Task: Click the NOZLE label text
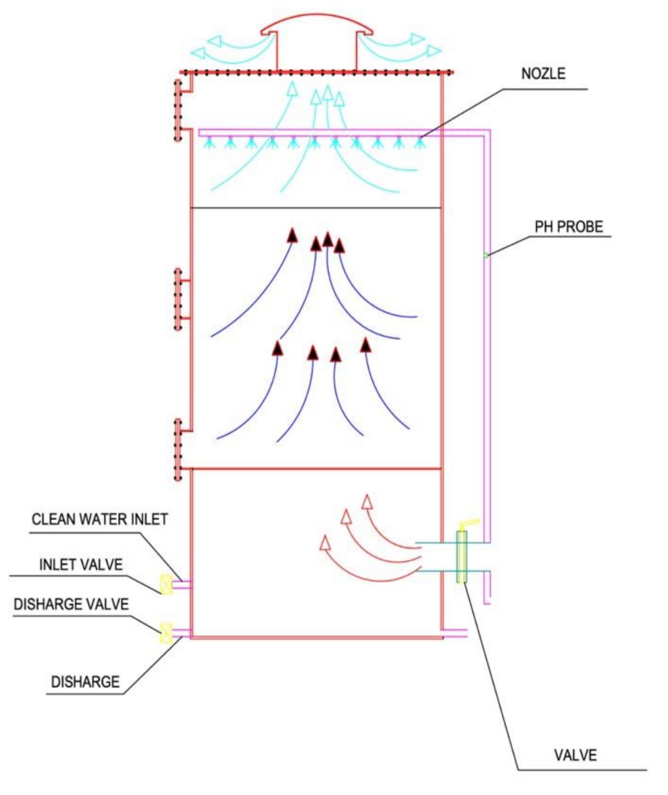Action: (543, 74)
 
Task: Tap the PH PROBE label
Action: (569, 227)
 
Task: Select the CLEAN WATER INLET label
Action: (99, 519)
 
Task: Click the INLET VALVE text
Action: (81, 565)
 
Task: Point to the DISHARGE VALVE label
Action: (71, 604)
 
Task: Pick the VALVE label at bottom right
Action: (575, 755)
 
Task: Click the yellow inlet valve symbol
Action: (165, 584)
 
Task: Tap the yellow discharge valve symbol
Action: (165, 633)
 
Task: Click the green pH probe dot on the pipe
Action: (486, 255)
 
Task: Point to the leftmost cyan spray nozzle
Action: (209, 143)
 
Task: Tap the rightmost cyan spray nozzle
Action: (420, 143)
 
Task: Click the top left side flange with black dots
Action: (178, 110)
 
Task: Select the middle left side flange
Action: (178, 299)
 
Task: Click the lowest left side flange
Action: (178, 450)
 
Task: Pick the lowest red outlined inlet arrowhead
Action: (325, 543)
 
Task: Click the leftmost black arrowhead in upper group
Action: (292, 235)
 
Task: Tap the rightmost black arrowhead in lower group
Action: (366, 345)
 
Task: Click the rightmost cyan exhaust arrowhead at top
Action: (434, 51)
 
